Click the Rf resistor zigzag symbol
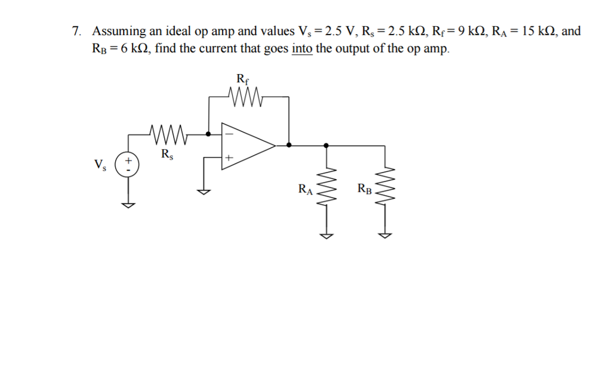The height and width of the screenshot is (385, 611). pos(243,96)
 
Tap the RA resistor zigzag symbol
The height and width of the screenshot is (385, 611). pos(326,189)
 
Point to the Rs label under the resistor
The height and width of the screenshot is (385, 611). pos(168,154)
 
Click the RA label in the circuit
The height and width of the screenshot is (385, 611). pos(305,190)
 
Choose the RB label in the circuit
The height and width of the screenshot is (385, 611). pos(365,190)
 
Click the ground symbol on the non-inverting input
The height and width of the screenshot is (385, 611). pos(205,192)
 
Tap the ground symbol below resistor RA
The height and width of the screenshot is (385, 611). pos(326,235)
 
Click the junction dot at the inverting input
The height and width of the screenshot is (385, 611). pos(208,134)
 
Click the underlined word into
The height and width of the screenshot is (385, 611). pos(302,48)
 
